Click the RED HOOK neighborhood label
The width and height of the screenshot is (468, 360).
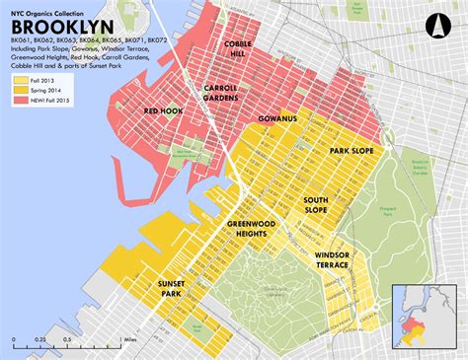161,111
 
